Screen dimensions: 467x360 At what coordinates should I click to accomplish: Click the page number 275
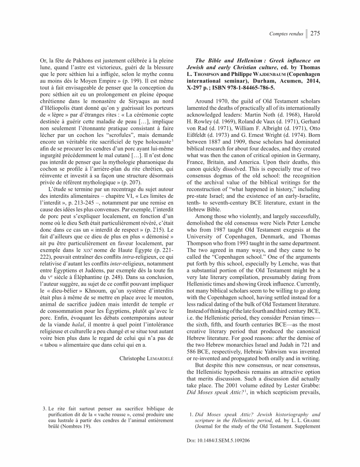tap(315, 34)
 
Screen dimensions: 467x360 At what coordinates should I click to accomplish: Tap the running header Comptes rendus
tap(286, 34)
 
